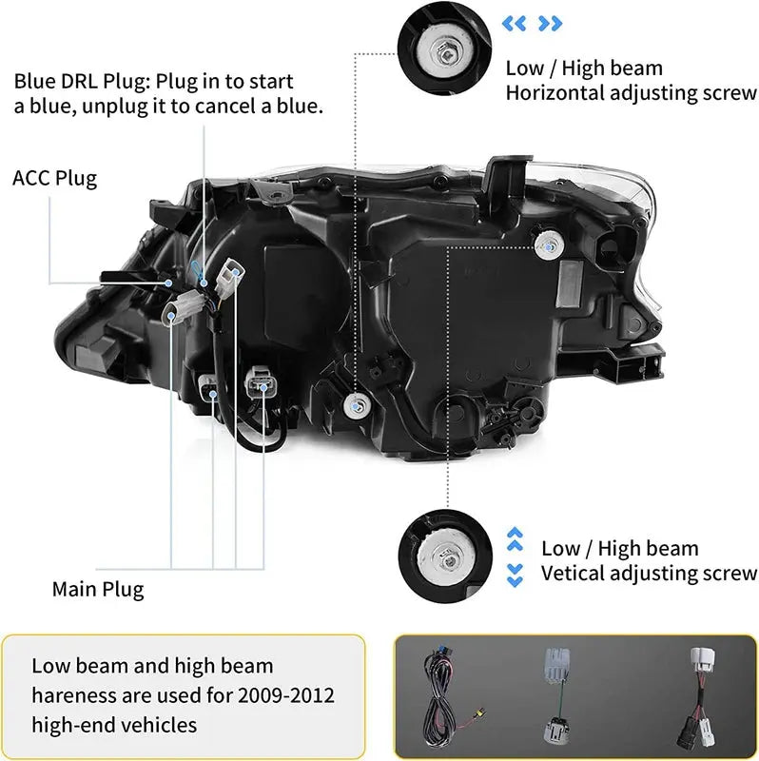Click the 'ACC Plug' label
[x=54, y=178]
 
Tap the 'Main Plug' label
[x=98, y=589]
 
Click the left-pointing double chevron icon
[x=515, y=23]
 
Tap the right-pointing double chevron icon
[x=550, y=23]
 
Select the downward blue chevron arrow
[x=515, y=574]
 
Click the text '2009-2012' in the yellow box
[x=288, y=695]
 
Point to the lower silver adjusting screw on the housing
[x=356, y=403]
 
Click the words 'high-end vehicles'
[x=114, y=725]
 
